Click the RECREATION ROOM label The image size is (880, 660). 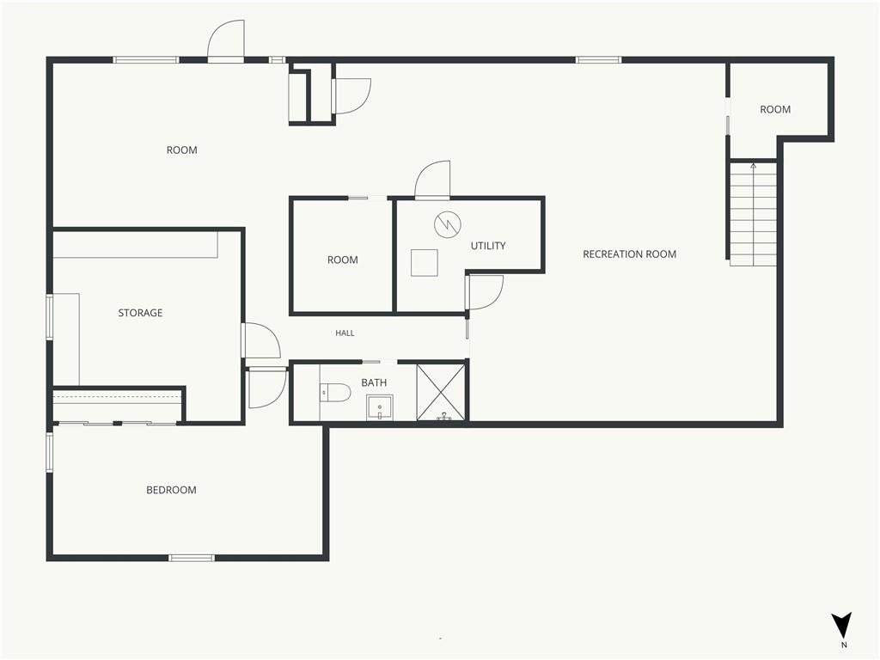click(629, 254)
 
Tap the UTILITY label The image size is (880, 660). click(488, 246)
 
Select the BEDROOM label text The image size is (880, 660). click(171, 490)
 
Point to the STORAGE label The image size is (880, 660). click(140, 313)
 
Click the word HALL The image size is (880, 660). click(345, 333)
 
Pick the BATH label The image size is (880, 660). click(374, 382)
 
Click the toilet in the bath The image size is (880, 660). click(335, 392)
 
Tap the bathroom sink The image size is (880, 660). click(380, 407)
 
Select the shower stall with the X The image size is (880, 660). click(441, 392)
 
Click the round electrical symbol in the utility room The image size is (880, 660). click(447, 224)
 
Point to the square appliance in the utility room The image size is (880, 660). click(425, 263)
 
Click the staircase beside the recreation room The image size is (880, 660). click(753, 214)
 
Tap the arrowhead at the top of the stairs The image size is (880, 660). click(753, 166)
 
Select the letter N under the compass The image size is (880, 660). click(844, 645)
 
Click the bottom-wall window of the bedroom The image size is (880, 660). click(192, 558)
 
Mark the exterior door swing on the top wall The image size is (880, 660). click(226, 40)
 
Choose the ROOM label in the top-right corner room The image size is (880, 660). click(775, 109)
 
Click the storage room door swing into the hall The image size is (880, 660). click(261, 340)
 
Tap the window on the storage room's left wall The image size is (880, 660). click(49, 317)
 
